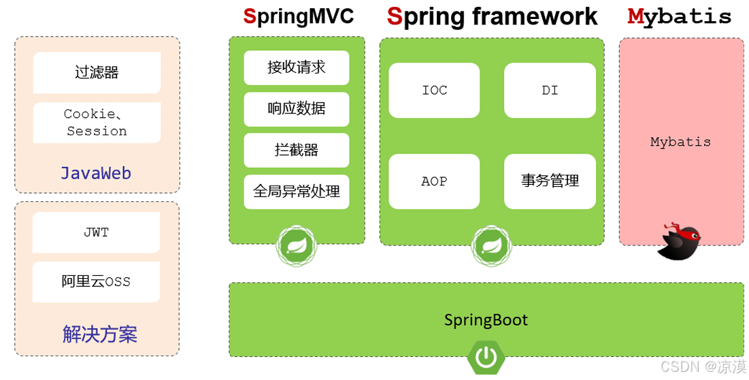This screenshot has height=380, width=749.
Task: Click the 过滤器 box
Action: click(97, 72)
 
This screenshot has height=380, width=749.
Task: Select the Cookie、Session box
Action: click(97, 123)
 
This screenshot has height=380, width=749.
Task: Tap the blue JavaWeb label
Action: click(96, 173)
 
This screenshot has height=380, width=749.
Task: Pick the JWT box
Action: click(96, 232)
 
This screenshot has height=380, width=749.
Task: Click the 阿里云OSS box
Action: click(96, 281)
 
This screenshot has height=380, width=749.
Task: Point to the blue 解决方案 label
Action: click(99, 334)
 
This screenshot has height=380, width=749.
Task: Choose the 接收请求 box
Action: click(297, 67)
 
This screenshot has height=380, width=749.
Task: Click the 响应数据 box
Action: click(297, 109)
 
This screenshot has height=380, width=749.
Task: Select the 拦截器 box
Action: click(297, 150)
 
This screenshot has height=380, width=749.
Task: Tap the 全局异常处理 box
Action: click(297, 192)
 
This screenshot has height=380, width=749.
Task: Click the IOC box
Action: click(434, 90)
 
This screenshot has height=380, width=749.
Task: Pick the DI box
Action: click(550, 90)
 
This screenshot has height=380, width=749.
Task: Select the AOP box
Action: click(434, 182)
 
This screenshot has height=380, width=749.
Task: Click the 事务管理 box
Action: click(550, 182)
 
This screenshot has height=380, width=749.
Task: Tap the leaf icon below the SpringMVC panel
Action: click(297, 245)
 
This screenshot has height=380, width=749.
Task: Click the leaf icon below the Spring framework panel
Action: click(492, 246)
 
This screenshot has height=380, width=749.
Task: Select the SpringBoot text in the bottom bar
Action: click(486, 320)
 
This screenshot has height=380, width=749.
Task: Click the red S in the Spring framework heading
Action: click(395, 16)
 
